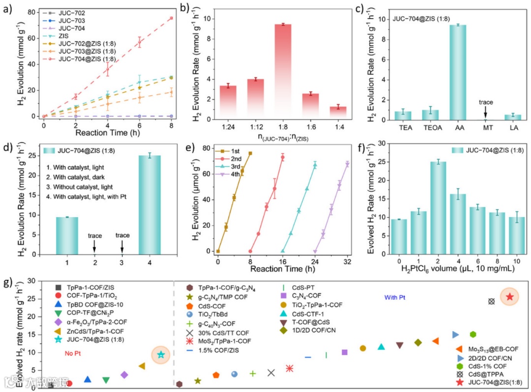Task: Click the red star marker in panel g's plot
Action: click(x=510, y=297)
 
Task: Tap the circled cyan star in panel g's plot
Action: click(x=161, y=355)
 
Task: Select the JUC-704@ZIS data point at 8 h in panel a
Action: click(x=171, y=18)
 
